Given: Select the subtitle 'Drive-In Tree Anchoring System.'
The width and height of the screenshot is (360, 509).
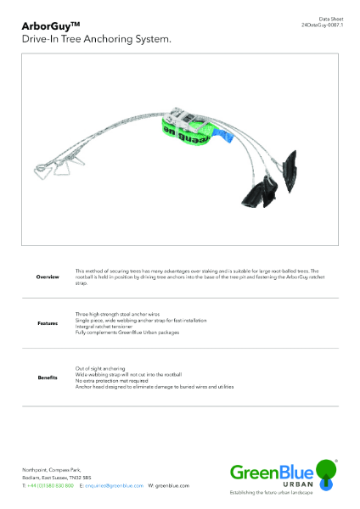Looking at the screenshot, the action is point(97,39).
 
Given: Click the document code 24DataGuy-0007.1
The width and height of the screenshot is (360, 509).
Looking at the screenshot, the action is point(320,26).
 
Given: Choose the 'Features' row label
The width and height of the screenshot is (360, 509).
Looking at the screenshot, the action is point(48,323).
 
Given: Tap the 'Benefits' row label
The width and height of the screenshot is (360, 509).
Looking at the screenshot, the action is point(48,378).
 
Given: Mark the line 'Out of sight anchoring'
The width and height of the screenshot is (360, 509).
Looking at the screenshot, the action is point(101,368).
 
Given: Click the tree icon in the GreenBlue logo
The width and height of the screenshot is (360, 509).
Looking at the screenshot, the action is point(326,467).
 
